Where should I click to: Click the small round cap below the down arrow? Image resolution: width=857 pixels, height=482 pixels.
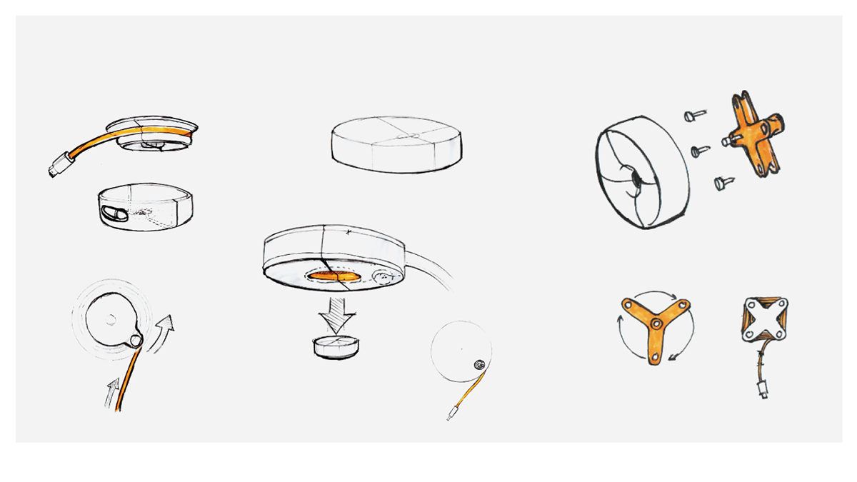[x=334, y=346]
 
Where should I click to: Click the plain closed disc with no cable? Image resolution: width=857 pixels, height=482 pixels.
[x=396, y=144]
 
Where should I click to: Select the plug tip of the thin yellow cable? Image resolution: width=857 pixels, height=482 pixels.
[x=451, y=413]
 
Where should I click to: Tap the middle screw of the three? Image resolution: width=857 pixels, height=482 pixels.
[x=700, y=151]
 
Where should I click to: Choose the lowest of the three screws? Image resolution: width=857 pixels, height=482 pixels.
[x=723, y=184]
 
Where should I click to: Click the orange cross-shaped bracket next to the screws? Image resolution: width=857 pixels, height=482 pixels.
[x=755, y=134]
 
